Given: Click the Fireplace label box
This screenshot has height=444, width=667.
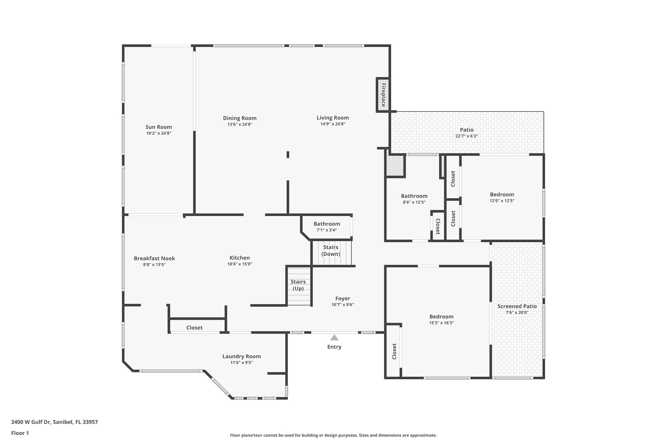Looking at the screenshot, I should [383, 95].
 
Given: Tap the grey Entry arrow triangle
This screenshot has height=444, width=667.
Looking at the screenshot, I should [334, 338].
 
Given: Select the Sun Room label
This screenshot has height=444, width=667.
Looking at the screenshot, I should [159, 127].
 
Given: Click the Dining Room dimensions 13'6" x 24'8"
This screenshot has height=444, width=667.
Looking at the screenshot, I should [240, 124].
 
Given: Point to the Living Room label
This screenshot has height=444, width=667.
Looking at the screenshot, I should [333, 118].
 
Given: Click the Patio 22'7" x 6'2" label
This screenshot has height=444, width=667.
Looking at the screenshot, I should [466, 133].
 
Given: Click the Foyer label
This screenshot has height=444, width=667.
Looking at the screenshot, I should [343, 299].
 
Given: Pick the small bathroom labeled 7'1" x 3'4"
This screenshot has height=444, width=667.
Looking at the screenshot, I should [327, 226].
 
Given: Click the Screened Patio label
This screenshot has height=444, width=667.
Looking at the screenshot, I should [517, 306].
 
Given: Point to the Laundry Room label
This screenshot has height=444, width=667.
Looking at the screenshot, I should [241, 357].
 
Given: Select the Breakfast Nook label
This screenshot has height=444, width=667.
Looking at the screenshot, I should [154, 259].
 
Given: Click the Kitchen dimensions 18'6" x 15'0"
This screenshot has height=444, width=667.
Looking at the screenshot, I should [240, 264].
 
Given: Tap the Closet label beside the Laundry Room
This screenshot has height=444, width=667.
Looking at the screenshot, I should [194, 328].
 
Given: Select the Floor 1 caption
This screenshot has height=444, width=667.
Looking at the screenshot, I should [20, 433].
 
